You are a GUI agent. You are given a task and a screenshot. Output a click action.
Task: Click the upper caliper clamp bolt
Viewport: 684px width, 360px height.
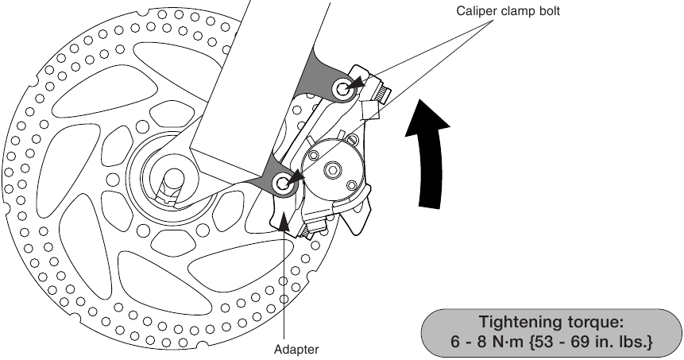pyautogui.click(x=343, y=89)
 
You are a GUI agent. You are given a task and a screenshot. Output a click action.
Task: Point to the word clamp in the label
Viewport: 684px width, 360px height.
pyautogui.click(x=517, y=11)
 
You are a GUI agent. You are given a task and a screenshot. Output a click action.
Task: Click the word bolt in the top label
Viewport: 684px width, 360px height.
pyautogui.click(x=550, y=11)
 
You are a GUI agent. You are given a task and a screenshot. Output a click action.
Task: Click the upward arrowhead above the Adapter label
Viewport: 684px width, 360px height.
pyautogui.click(x=284, y=220)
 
